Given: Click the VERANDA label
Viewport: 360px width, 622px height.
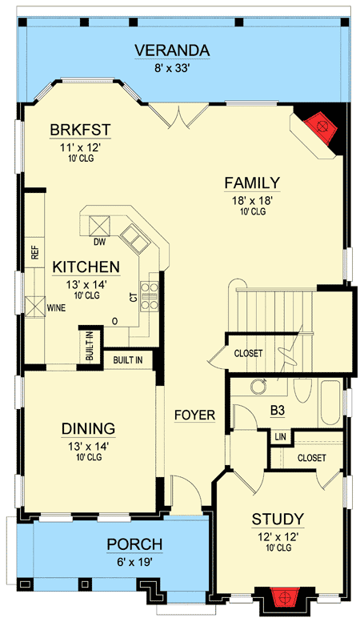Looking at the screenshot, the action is (x=172, y=50).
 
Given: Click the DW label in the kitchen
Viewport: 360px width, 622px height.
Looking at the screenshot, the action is (x=99, y=242).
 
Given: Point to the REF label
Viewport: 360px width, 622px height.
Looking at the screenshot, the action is (x=36, y=252).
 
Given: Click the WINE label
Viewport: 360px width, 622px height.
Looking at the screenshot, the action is (x=56, y=307).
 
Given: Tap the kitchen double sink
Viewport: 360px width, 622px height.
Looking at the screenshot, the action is (x=136, y=239).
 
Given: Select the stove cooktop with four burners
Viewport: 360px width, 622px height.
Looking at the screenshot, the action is (x=150, y=295).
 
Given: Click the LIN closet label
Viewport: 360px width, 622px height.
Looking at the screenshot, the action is (x=280, y=437).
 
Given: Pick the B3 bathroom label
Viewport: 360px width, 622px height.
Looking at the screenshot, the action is (x=278, y=411).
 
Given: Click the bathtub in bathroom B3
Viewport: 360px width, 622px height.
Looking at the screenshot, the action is (x=330, y=403).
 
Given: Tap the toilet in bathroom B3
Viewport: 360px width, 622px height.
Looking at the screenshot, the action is (x=302, y=391).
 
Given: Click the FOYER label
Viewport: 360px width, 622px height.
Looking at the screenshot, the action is (x=195, y=415).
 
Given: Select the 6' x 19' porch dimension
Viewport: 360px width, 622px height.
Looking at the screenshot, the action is (x=135, y=562).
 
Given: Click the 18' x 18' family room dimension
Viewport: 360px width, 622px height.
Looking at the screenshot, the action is (x=253, y=201).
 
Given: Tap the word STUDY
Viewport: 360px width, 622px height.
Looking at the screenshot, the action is (x=278, y=519).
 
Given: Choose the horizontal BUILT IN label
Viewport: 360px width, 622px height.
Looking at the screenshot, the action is (x=128, y=360).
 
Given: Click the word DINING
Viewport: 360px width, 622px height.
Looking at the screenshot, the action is (x=89, y=428).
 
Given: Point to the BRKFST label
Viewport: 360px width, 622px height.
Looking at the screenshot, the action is (x=80, y=130).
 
